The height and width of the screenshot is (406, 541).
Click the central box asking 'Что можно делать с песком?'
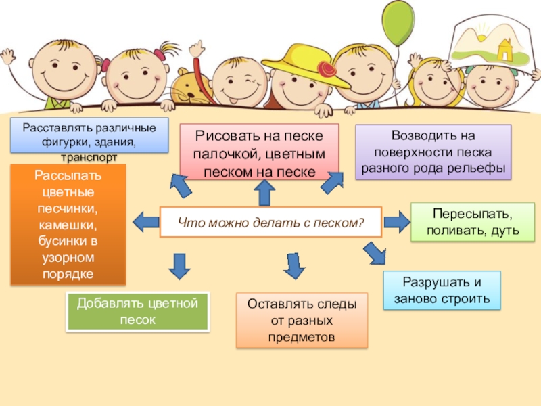270,222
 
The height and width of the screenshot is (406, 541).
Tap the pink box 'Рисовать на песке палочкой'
260,152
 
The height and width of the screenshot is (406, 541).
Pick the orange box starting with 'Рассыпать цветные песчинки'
68,224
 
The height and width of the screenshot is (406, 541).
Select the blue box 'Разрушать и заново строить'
442,290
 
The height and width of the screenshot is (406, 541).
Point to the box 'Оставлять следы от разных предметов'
302,320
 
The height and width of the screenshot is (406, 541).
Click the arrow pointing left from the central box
145,221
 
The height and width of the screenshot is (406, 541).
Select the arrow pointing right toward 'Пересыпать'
396,220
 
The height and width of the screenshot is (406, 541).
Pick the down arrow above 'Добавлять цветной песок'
179,266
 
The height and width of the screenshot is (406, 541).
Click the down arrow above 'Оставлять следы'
293,266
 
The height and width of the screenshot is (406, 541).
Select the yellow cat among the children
191,86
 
